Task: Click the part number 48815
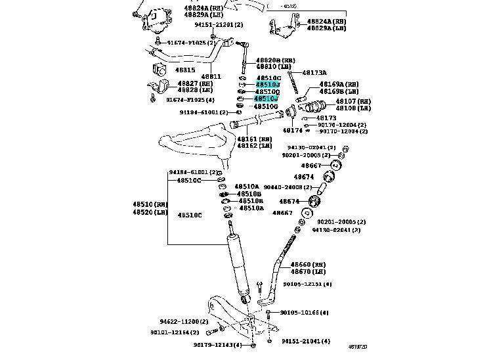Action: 186,70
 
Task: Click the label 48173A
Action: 314,73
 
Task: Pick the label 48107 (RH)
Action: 353,101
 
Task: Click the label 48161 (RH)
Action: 254,139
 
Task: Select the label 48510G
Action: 266,106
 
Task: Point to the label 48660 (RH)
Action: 309,263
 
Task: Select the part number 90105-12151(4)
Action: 307,284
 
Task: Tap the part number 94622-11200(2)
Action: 183,322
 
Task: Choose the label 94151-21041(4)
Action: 306,342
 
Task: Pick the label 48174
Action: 292,130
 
